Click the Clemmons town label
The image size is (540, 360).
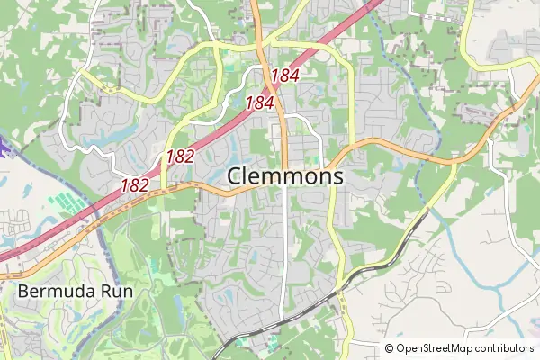(285, 176)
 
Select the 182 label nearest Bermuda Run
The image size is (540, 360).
(135, 185)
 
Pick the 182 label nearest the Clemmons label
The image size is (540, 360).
(180, 157)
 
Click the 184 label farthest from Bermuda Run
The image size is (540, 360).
(283, 76)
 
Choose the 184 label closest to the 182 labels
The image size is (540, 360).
(258, 103)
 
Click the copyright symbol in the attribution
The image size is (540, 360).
(390, 348)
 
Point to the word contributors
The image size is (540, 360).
(504, 348)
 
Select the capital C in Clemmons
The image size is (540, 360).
(237, 176)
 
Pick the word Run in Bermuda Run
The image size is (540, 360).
(102, 292)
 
